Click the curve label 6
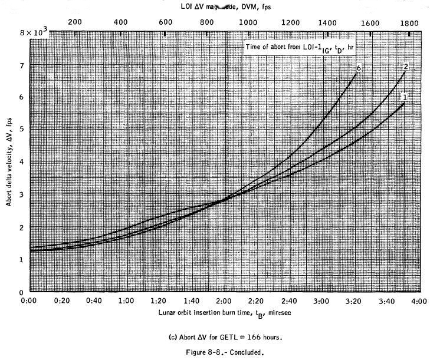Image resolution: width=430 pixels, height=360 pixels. (358, 68)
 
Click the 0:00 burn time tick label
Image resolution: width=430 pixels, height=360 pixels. (29, 301)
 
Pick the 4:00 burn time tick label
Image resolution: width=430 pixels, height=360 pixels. (418, 301)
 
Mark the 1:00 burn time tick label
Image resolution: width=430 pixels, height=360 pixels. (126, 301)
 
